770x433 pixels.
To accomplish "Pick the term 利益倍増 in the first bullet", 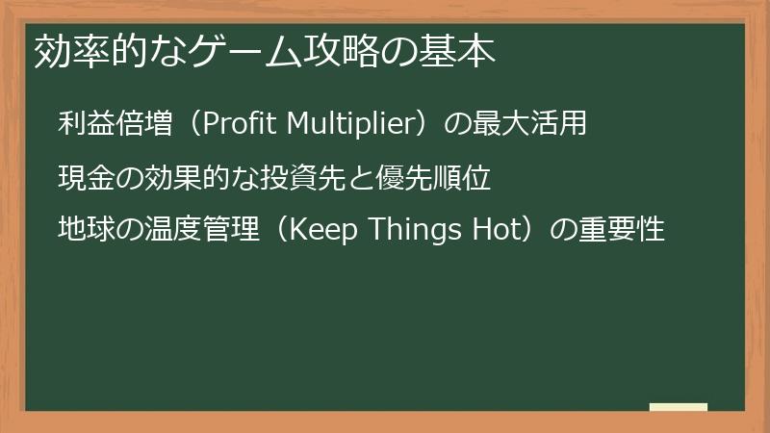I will [x=115, y=124].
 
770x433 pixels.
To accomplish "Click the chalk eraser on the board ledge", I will [x=679, y=408].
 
